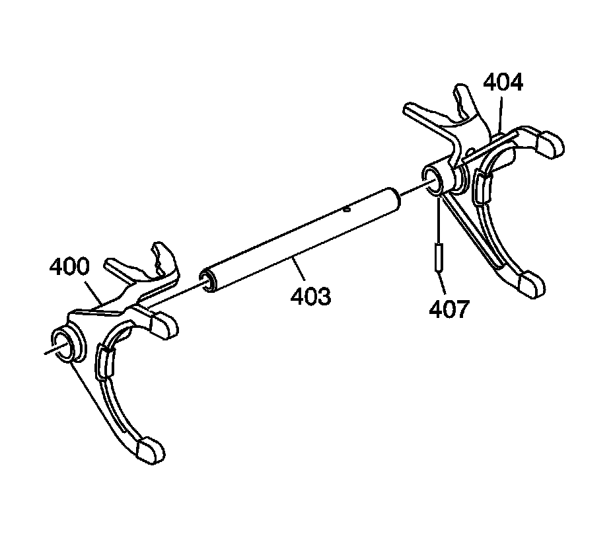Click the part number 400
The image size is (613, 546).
click(69, 268)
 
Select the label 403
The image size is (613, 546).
click(310, 296)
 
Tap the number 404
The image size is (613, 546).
click(503, 83)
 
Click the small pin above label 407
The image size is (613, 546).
click(437, 257)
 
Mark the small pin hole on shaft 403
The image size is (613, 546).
click(347, 210)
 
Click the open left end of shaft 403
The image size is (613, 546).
click(209, 281)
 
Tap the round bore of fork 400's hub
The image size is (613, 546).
click(69, 344)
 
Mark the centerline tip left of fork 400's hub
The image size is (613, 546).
click(46, 352)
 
